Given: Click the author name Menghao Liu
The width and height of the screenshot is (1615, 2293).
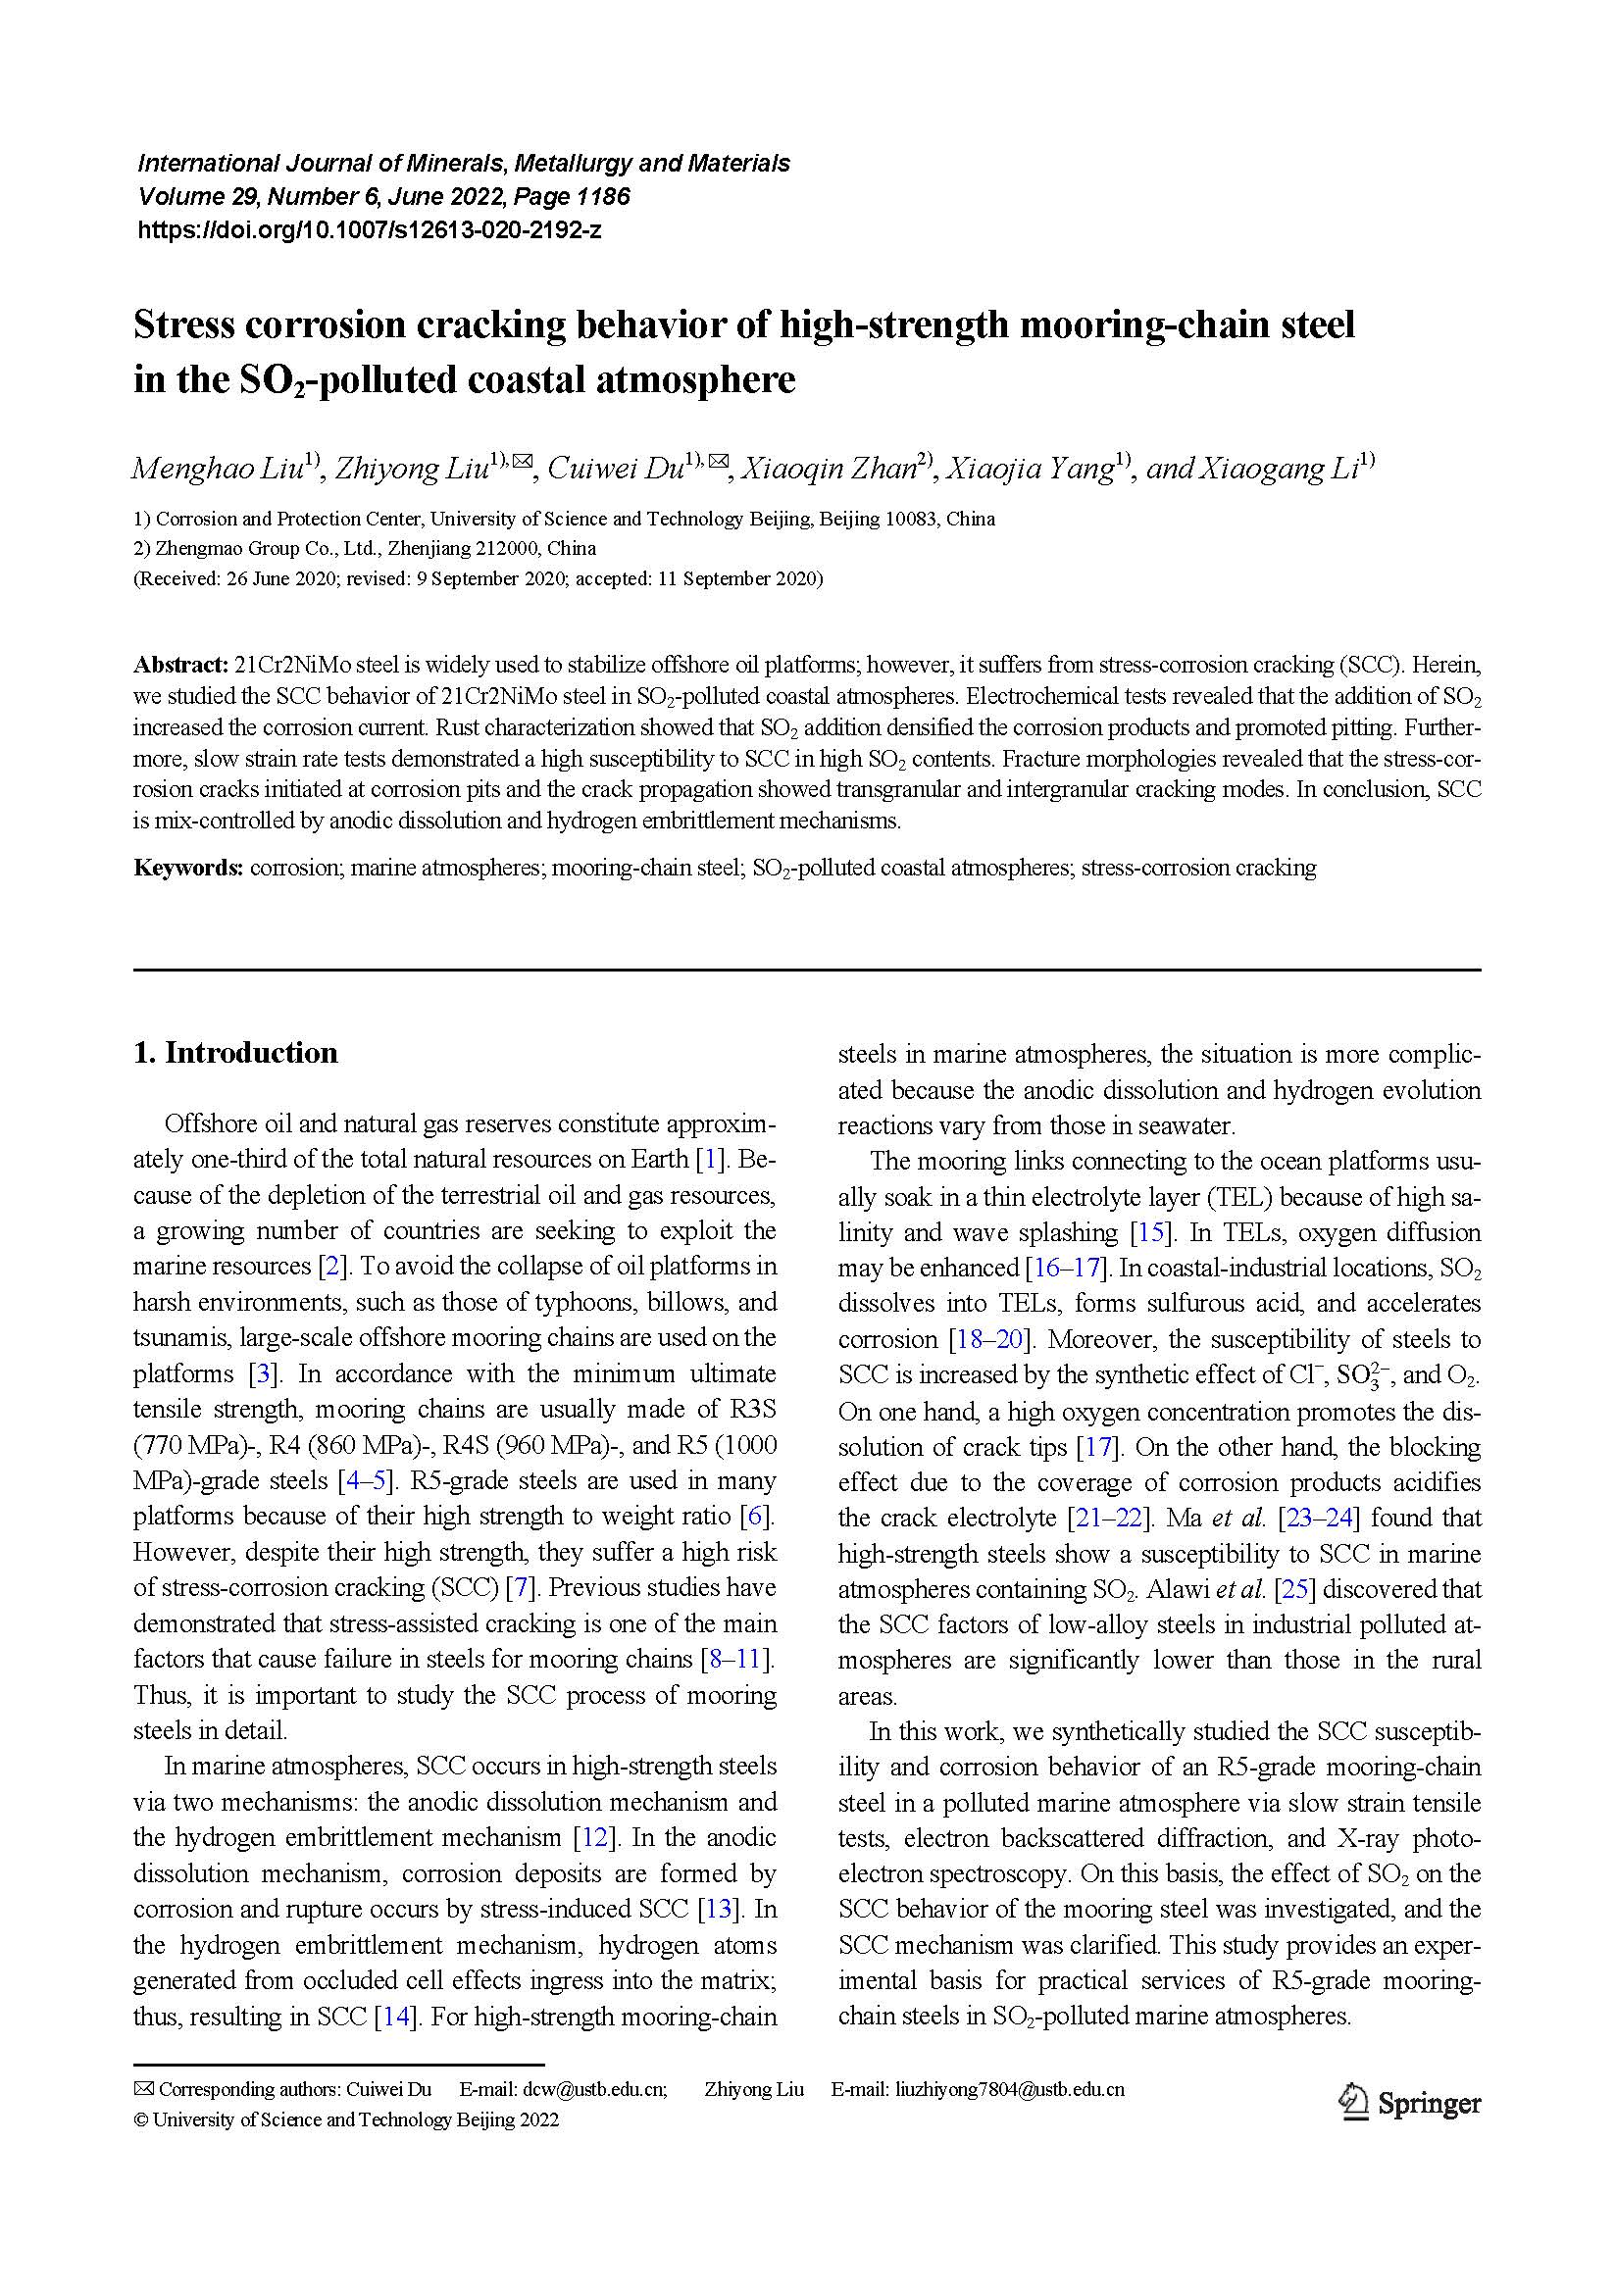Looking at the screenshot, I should click(x=216, y=469).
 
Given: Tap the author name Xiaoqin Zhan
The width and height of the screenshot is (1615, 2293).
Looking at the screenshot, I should click(x=829, y=469).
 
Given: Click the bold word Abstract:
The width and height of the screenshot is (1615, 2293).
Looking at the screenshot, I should click(x=181, y=665).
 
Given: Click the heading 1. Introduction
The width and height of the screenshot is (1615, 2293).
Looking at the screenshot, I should click(x=235, y=1053).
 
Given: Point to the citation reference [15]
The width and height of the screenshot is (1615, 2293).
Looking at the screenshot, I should click(x=1149, y=1232).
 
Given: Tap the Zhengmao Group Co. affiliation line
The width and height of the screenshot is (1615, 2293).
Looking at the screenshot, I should click(x=365, y=548).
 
